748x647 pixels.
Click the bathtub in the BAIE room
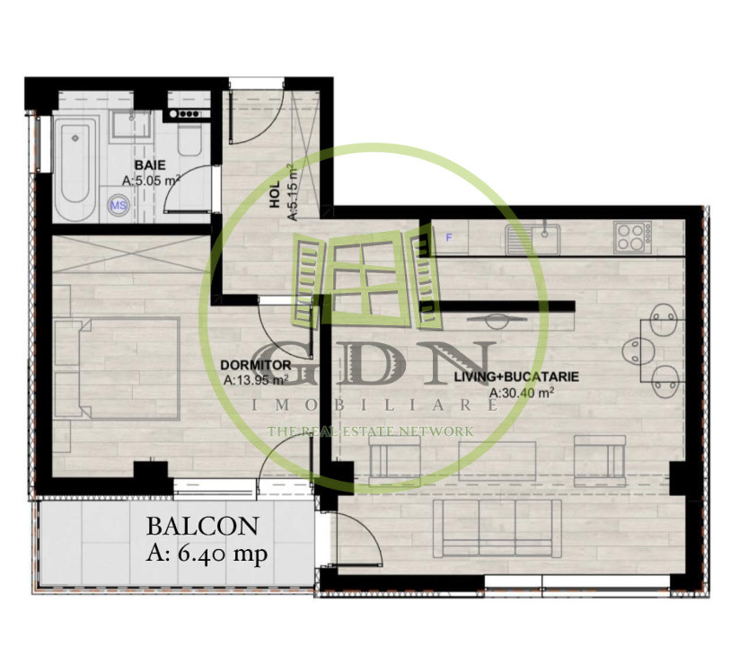(73, 165)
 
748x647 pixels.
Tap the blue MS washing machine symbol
(118, 206)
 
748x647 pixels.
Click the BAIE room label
(148, 165)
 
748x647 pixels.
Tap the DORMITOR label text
(255, 366)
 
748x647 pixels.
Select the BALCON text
(203, 527)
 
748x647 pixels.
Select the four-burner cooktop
(632, 236)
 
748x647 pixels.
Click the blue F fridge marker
(449, 237)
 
